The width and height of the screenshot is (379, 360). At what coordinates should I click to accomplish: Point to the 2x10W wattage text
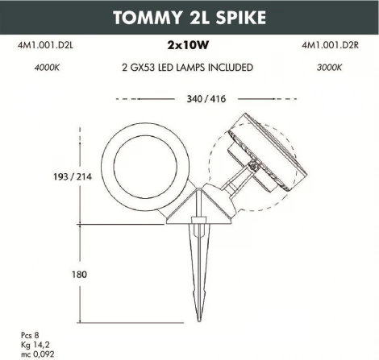coord(189,48)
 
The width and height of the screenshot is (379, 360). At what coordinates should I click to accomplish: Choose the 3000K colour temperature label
coord(326,68)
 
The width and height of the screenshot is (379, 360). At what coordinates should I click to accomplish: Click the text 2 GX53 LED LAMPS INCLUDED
coord(189,68)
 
